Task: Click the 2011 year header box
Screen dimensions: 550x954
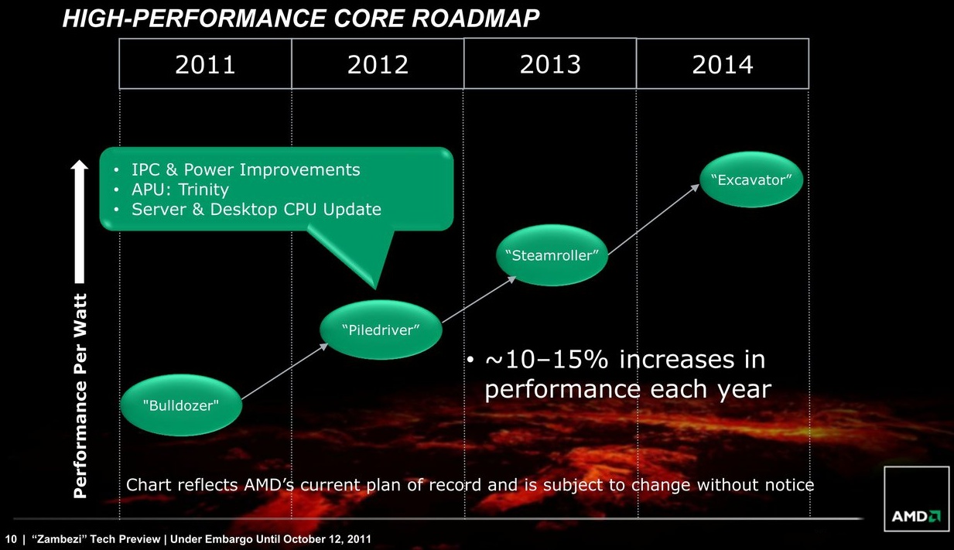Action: (x=205, y=63)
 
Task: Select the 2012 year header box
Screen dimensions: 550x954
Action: (x=378, y=63)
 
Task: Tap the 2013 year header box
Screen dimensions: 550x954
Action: (x=550, y=63)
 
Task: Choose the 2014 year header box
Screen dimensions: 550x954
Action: (x=723, y=63)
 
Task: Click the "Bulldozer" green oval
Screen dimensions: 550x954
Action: (x=182, y=405)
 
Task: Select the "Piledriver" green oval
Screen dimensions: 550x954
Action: (x=381, y=330)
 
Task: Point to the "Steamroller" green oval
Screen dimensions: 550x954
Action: (x=552, y=255)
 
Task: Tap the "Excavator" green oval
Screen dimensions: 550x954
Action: (x=752, y=180)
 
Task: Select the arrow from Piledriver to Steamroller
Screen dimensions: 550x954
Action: (x=478, y=299)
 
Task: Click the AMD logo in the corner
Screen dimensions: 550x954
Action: (x=917, y=516)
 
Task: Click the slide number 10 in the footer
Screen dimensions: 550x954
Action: (x=11, y=538)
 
